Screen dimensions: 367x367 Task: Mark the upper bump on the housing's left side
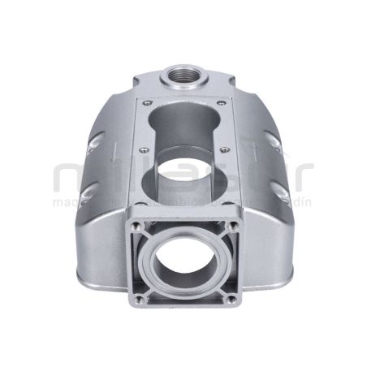pyautogui.click(x=96, y=146)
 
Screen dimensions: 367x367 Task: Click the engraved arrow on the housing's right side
pyautogui.click(x=254, y=149)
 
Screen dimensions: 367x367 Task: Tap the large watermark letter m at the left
pyautogui.click(x=71, y=179)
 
